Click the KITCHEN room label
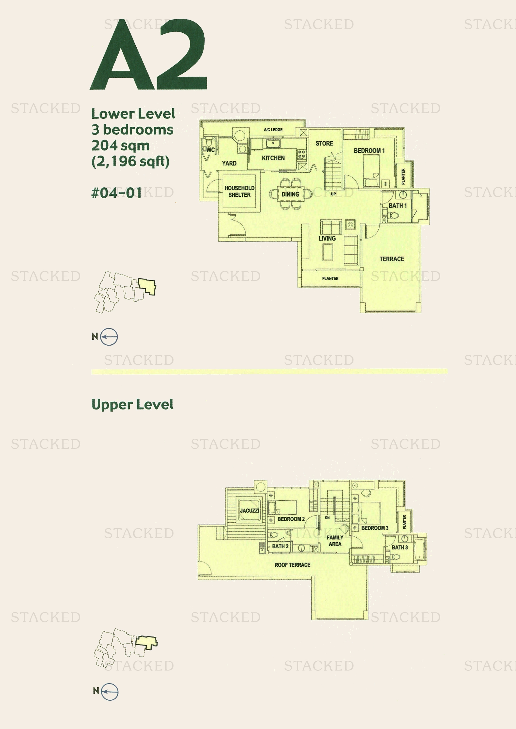click(273, 158)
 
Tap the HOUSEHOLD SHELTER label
click(239, 191)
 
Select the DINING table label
click(290, 194)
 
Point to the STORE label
click(324, 143)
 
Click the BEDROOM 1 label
click(369, 151)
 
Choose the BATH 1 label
click(397, 205)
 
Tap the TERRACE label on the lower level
click(392, 259)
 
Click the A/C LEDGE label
click(273, 130)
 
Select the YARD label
click(229, 163)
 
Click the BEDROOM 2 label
click(291, 519)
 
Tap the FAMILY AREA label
click(335, 540)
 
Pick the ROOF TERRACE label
click(292, 564)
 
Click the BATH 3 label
click(399, 547)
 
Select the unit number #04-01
click(116, 193)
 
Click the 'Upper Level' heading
click(132, 405)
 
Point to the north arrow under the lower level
click(109, 336)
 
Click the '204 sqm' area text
click(120, 146)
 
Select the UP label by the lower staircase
click(333, 194)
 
